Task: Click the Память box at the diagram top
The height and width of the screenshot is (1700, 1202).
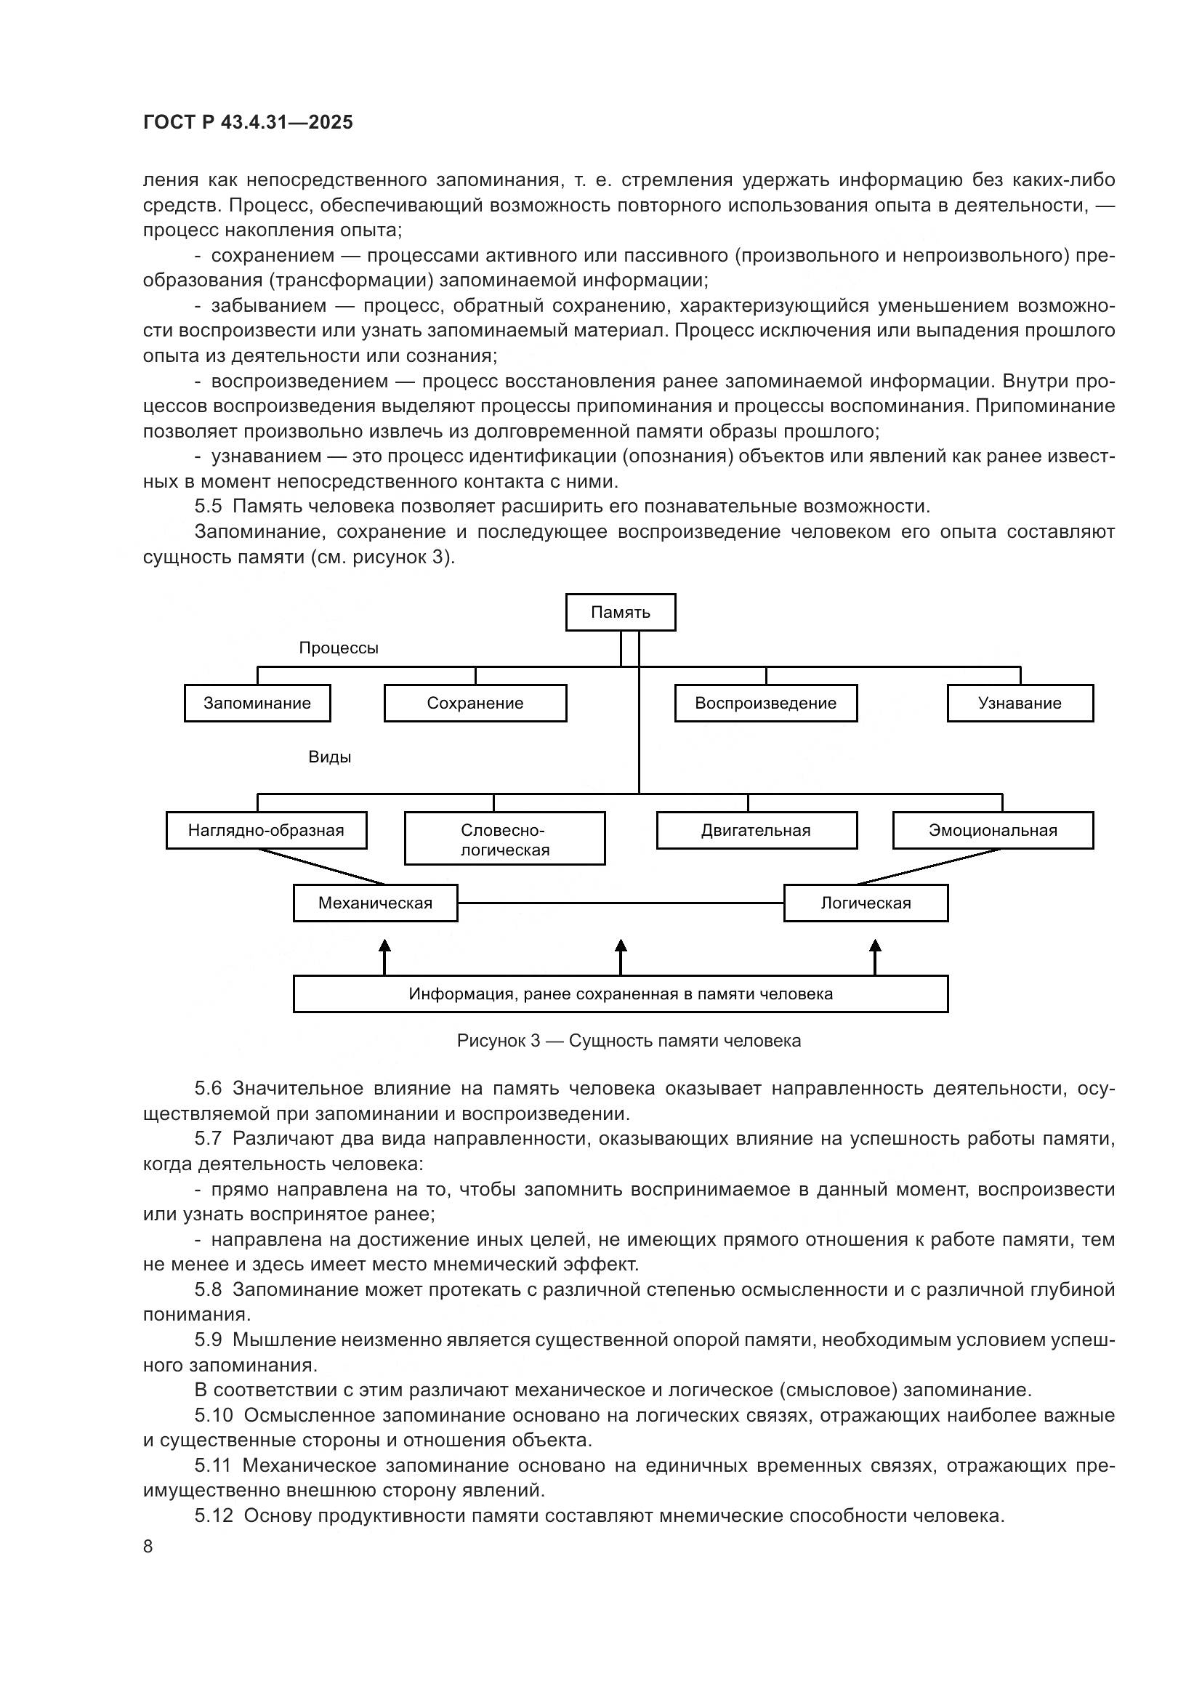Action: tap(620, 612)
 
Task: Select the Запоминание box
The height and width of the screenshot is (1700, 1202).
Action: tap(257, 703)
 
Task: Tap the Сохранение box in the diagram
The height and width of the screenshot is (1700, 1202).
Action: tap(475, 703)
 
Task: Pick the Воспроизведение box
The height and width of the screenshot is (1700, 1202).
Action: tap(765, 703)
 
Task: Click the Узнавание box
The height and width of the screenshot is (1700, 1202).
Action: tap(1019, 703)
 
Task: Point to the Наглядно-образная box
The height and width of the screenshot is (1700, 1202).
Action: tap(266, 830)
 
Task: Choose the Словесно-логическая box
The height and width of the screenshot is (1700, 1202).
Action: tap(505, 839)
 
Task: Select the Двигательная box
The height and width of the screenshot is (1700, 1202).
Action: tap(756, 830)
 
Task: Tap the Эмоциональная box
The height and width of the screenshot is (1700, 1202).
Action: tap(993, 830)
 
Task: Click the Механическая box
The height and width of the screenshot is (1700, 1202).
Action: tap(375, 903)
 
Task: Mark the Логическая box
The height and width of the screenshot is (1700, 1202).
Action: tap(866, 903)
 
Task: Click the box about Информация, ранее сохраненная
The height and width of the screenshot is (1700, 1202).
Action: tap(620, 994)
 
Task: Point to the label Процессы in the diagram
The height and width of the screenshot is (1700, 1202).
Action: tap(338, 648)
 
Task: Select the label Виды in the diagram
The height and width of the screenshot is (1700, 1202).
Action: tap(329, 757)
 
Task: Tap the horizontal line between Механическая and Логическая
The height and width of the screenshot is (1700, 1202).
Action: tap(620, 903)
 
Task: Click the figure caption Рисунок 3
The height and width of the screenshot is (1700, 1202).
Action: tap(629, 1040)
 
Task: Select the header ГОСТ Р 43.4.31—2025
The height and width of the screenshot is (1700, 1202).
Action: tap(248, 122)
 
